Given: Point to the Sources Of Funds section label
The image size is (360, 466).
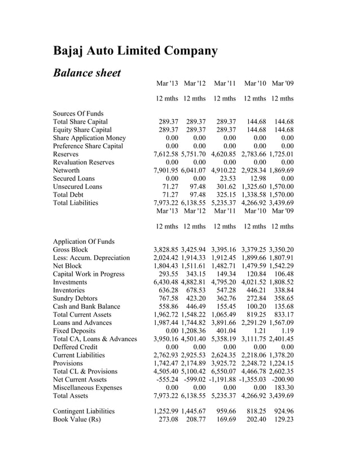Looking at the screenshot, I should [x=78, y=113].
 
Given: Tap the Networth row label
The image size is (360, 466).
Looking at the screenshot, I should [x=67, y=170].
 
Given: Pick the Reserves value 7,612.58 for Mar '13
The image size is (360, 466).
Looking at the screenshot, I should [x=166, y=154].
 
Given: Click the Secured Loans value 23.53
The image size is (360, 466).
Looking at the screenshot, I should [x=228, y=178].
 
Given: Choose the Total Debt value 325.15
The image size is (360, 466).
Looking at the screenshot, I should [x=226, y=194].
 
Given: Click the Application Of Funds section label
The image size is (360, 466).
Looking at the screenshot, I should [x=84, y=241].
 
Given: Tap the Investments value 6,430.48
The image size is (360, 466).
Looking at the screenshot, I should [x=166, y=282].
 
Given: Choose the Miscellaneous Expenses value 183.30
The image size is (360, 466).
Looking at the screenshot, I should [x=284, y=387].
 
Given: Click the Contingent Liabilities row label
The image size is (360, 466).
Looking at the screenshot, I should [x=84, y=412].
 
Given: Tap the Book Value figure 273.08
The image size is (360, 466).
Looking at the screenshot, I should [x=168, y=420].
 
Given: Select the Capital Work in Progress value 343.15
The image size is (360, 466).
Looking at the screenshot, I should [x=196, y=274].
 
